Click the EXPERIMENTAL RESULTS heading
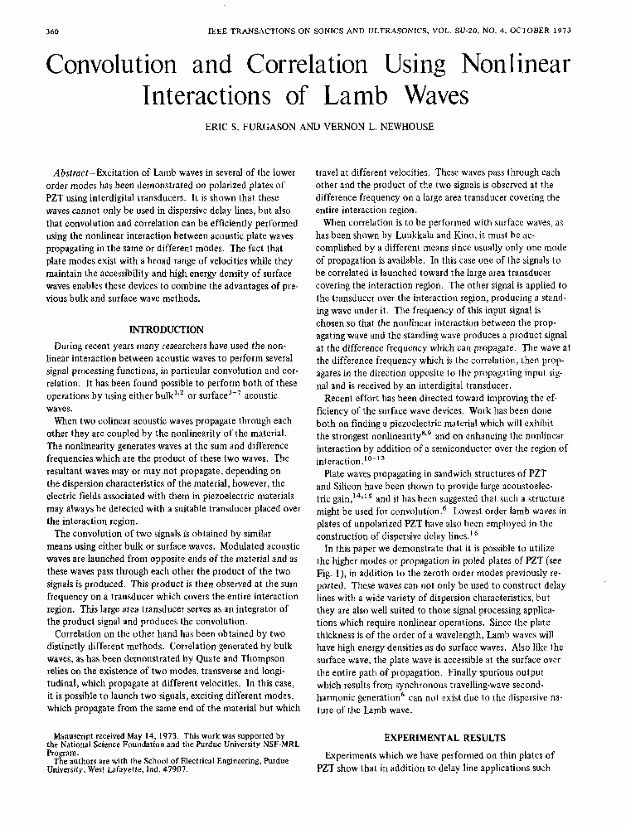pos(445,736)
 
